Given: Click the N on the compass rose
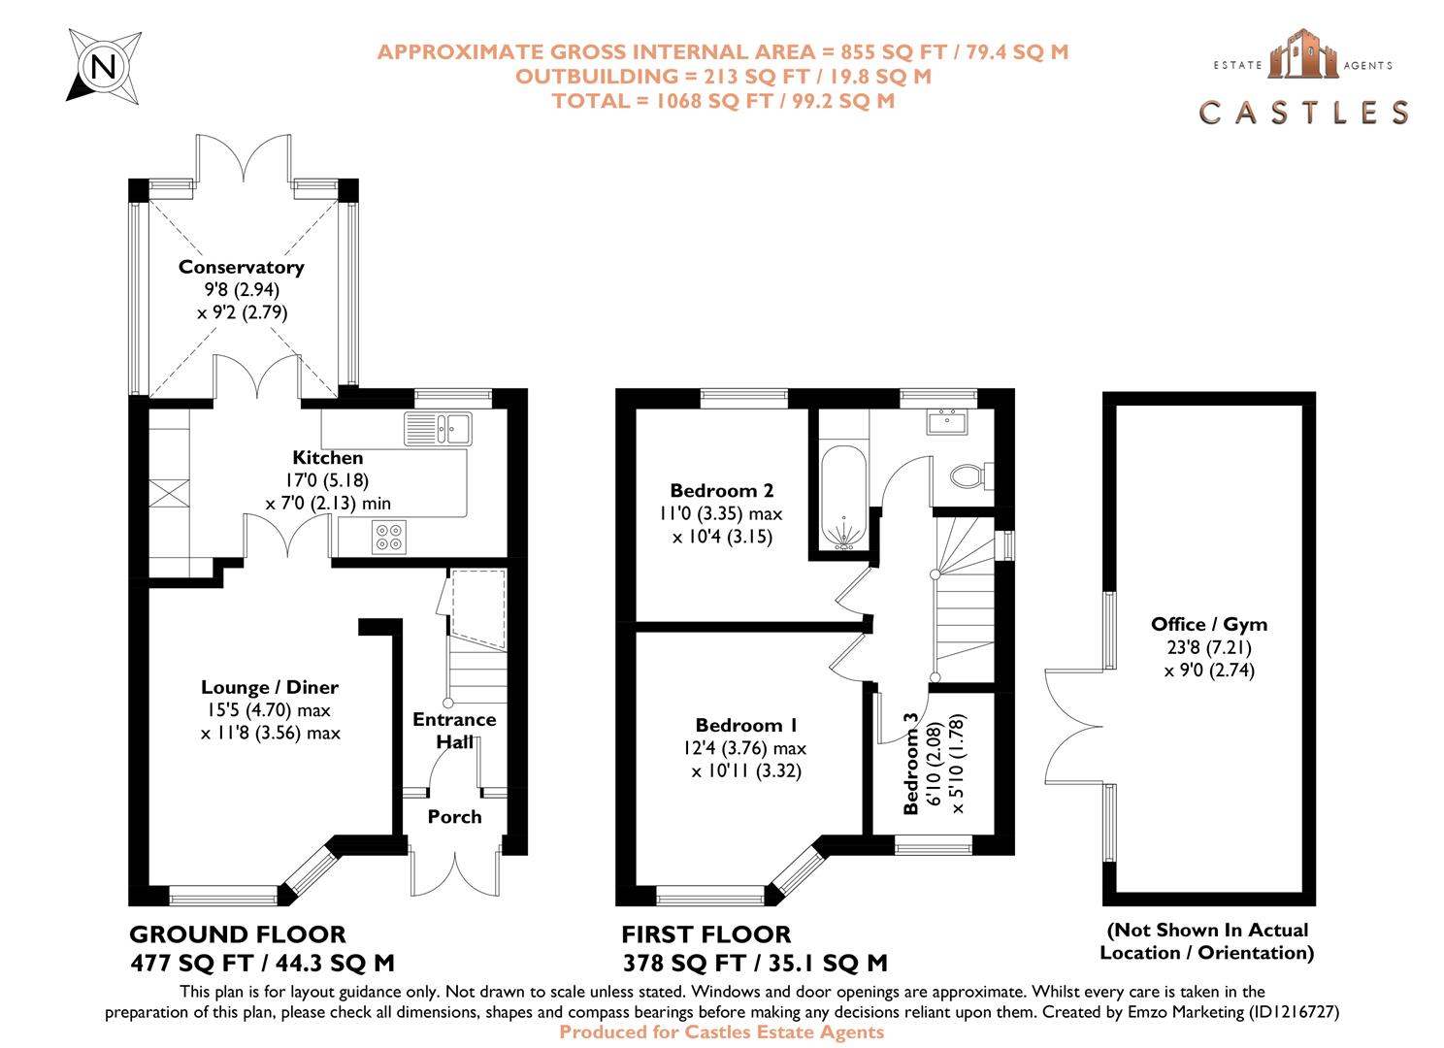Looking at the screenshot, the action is (x=104, y=66).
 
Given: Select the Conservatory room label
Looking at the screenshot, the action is (x=241, y=267).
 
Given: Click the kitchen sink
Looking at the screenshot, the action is (x=439, y=429).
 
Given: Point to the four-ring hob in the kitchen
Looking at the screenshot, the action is (x=389, y=537).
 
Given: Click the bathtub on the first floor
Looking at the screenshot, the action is (x=843, y=498).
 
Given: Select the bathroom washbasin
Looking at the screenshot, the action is (x=947, y=421).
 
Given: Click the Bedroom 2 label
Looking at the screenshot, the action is (x=721, y=490).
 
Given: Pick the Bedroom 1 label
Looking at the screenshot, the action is (x=746, y=725).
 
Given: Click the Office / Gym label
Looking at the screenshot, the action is (x=1209, y=624).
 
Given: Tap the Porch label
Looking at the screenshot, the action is (x=454, y=817).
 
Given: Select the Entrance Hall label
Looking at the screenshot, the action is (x=454, y=731).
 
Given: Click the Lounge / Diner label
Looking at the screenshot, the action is (x=270, y=687).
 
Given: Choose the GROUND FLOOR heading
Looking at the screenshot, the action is (x=238, y=934).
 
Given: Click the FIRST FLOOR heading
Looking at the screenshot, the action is (x=706, y=934).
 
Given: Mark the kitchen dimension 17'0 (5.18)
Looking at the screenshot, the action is (x=327, y=480).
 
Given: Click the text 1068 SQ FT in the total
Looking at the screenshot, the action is (x=714, y=101).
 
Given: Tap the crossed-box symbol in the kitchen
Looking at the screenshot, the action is (x=169, y=494).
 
